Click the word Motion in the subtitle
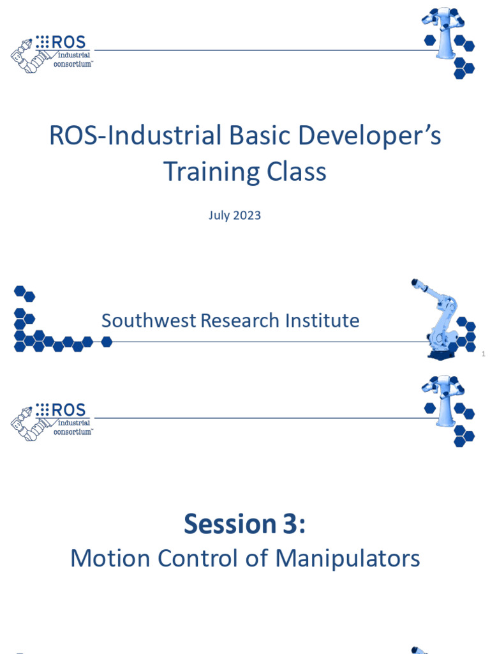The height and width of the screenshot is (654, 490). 106,558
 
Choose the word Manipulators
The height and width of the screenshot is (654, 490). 348,558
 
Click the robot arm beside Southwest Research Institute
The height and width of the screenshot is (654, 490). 439,319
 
